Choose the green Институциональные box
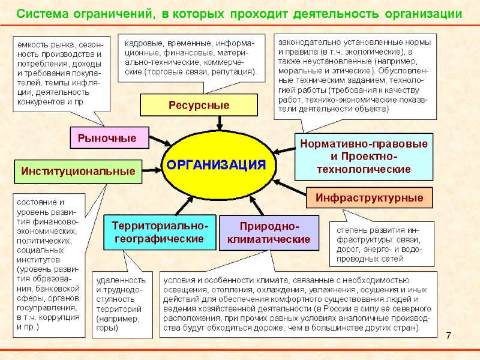click(x=78, y=171)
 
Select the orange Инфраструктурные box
click(x=369, y=197)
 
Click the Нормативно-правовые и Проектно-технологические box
click(x=364, y=157)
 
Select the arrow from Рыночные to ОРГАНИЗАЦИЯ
click(x=158, y=142)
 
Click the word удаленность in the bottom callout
click(x=121, y=280)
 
